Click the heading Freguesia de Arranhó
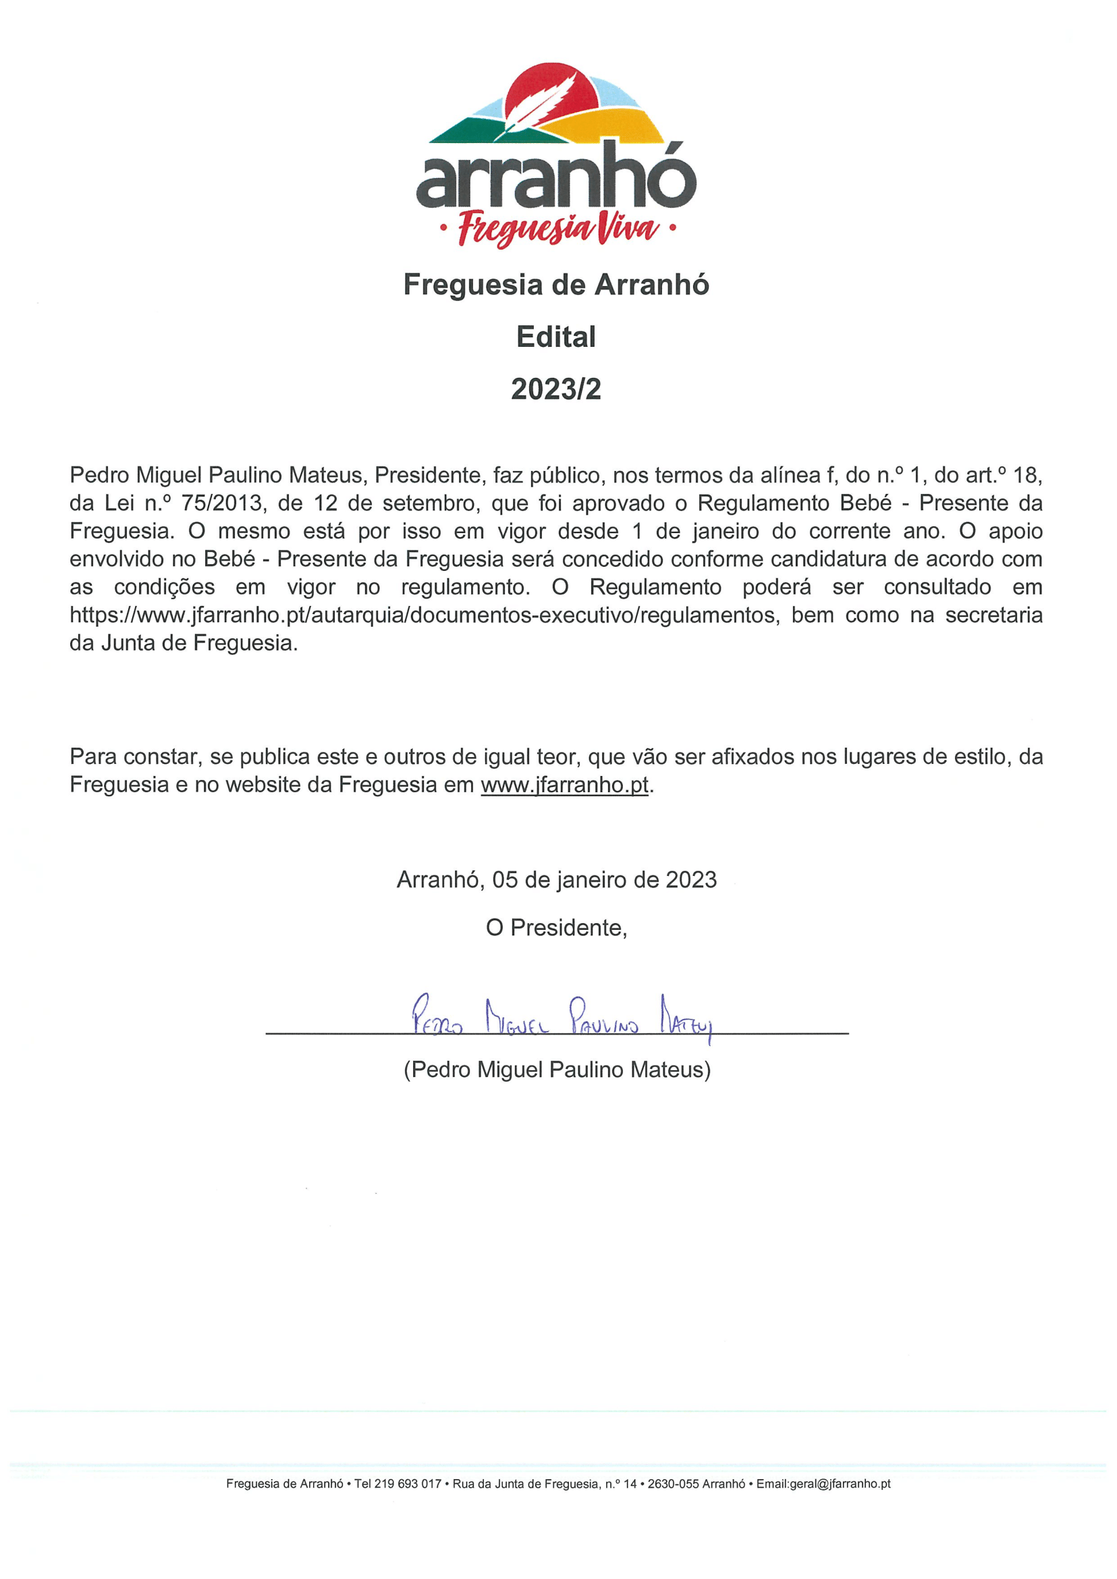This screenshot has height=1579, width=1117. pyautogui.click(x=555, y=285)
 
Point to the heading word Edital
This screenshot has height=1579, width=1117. pyautogui.click(x=555, y=337)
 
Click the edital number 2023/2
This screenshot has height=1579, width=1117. pyautogui.click(x=555, y=389)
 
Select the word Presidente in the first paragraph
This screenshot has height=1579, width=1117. pyautogui.click(x=427, y=475)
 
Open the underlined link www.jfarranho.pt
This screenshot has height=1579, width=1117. pyautogui.click(x=564, y=785)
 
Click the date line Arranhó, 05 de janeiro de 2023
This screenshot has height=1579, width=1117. pyautogui.click(x=556, y=880)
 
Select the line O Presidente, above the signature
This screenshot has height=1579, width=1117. pyautogui.click(x=556, y=928)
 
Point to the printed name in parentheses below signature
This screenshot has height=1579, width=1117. pyautogui.click(x=556, y=1070)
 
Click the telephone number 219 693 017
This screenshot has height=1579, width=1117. pyautogui.click(x=407, y=1484)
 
